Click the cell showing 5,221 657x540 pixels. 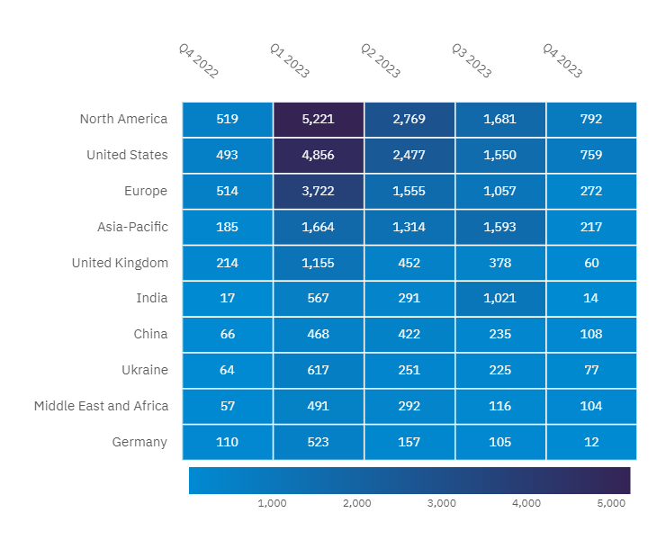tap(319, 119)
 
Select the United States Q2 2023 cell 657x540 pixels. tap(409, 155)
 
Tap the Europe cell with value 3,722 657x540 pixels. tap(319, 191)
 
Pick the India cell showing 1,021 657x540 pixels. tap(500, 298)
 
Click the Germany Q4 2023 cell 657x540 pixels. tap(591, 442)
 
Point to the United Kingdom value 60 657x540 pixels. tap(591, 263)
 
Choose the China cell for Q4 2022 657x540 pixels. tap(228, 334)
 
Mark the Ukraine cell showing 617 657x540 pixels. tap(319, 370)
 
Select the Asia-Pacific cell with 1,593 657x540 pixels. tap(500, 227)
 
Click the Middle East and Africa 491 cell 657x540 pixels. tap(319, 406)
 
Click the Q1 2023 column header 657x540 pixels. tap(289, 61)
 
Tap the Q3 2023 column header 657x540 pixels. tap(471, 61)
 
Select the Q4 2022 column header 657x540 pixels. tap(198, 61)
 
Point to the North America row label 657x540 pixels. tap(123, 119)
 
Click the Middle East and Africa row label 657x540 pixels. tap(101, 406)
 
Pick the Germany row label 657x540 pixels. tap(139, 442)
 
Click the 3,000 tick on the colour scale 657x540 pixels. tap(442, 503)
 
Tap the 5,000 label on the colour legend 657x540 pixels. tap(611, 503)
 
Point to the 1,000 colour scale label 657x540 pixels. tap(272, 503)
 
